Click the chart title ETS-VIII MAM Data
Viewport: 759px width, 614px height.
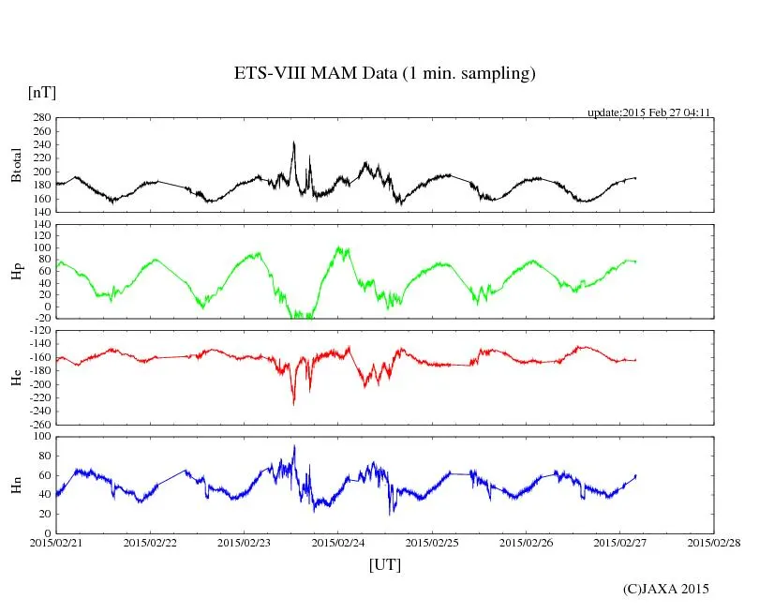384,74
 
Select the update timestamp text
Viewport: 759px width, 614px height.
648,112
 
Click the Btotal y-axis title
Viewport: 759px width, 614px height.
16,165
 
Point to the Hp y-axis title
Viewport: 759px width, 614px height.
16,272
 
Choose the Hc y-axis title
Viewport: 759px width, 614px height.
16,378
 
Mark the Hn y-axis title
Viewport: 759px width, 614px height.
16,485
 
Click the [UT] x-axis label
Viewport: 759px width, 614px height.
384,565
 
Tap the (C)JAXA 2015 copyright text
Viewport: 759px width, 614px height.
665,589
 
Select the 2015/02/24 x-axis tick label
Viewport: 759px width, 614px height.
338,542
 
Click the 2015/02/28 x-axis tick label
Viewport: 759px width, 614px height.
714,542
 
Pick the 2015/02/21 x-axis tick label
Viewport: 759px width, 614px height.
56,542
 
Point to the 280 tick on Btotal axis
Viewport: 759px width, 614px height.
40,118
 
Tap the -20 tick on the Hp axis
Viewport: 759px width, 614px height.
40,318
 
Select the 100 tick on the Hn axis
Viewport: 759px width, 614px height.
40,437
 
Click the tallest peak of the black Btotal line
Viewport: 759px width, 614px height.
294,142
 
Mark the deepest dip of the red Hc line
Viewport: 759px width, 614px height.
293,404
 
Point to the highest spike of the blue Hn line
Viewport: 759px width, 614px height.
294,446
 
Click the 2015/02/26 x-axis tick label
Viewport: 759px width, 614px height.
527,542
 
